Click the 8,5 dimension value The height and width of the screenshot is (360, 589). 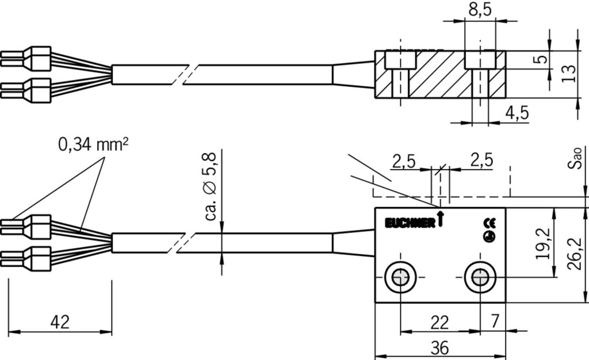[x=480, y=10]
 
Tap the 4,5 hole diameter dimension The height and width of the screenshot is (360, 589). [x=516, y=113]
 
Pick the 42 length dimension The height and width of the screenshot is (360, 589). [x=59, y=322]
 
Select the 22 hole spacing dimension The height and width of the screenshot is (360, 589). [x=439, y=323]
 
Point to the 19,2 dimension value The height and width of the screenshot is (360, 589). [x=543, y=243]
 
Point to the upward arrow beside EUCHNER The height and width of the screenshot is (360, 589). [x=440, y=219]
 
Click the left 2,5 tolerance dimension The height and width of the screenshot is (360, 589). [x=404, y=161]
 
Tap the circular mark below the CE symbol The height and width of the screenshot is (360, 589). [x=489, y=236]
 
